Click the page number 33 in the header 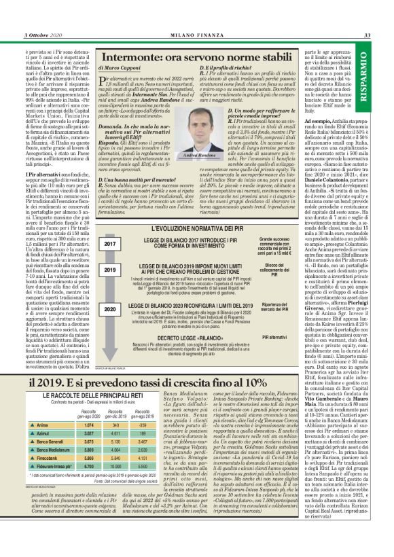367,35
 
